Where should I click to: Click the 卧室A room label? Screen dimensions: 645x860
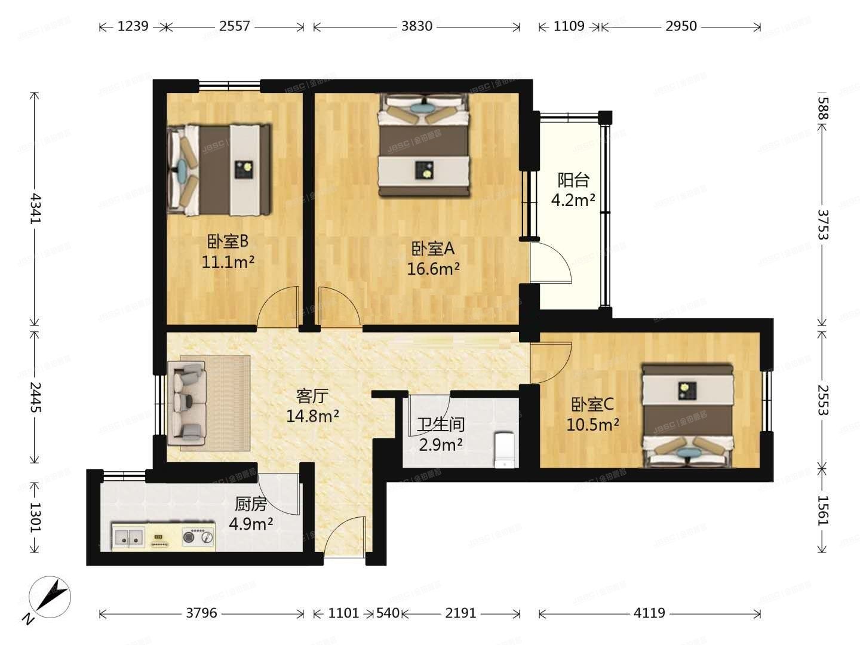433,248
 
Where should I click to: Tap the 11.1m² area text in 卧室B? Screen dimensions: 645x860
228,262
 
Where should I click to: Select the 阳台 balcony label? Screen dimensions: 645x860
573,180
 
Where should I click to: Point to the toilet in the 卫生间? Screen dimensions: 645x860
505,449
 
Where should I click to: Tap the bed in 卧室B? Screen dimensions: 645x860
219,170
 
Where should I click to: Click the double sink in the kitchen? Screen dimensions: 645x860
129,537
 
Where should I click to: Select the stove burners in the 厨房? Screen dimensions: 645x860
198,537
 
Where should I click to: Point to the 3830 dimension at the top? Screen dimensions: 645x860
416,26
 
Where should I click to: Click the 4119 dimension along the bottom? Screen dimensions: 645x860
649,613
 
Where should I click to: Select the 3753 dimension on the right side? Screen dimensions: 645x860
822,223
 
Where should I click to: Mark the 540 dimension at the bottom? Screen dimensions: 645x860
388,613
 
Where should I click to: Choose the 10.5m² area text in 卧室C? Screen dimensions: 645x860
592,425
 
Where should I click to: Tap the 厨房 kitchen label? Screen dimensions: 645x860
250,505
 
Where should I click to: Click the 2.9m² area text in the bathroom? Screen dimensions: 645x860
441,444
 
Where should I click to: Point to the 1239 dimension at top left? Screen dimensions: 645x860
133,26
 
